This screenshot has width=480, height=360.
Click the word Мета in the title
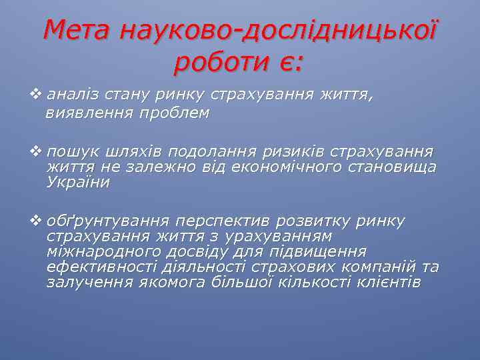point(77,30)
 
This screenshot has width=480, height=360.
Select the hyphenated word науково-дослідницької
point(279,30)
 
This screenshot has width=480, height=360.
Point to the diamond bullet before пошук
point(39,152)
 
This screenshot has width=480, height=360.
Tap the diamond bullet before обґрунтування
point(39,221)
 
